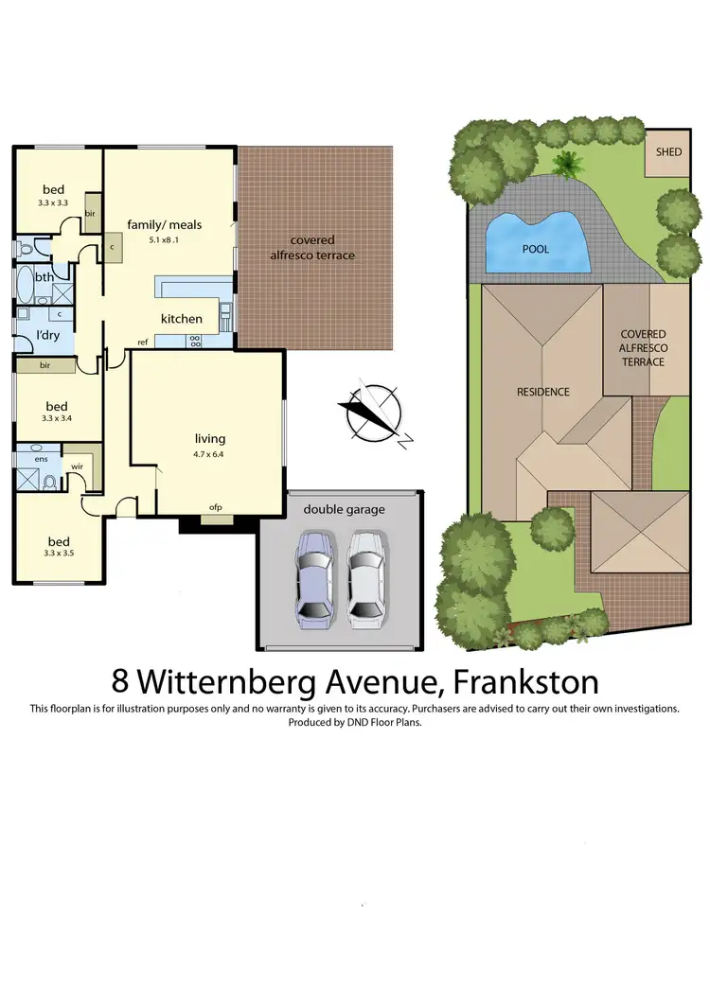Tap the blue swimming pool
(x=535, y=243)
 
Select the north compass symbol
(x=375, y=413)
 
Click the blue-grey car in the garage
(x=313, y=577)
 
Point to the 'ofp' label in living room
(x=216, y=508)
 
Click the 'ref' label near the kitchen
(x=143, y=342)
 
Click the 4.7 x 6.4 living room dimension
(x=209, y=454)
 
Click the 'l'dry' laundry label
(x=47, y=336)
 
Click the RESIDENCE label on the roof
(x=542, y=391)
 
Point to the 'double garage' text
(x=344, y=509)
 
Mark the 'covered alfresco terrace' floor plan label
(x=313, y=248)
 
